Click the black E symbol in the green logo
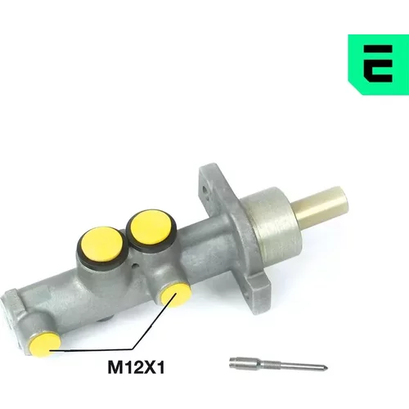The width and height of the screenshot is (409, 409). (x=378, y=64)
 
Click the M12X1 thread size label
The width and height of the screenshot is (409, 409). (x=137, y=368)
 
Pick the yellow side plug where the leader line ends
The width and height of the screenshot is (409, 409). (x=176, y=294)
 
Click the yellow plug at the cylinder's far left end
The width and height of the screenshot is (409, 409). (x=45, y=344)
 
